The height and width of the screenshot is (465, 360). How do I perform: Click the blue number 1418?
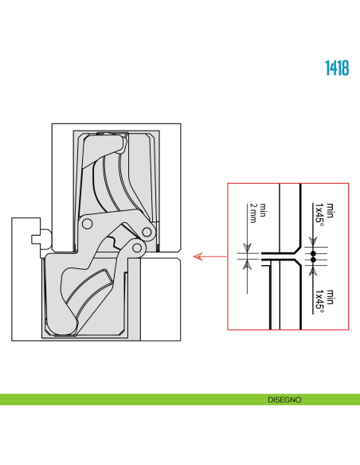tap(337, 68)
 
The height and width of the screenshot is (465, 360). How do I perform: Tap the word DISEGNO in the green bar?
tap(284, 400)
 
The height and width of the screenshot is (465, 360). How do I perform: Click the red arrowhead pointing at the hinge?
tap(198, 256)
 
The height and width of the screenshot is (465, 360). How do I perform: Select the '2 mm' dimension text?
tap(253, 213)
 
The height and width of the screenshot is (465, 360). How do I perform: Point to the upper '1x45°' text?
tap(319, 214)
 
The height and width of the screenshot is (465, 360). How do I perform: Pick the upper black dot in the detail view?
tap(313, 254)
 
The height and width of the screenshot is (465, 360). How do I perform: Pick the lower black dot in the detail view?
tap(313, 260)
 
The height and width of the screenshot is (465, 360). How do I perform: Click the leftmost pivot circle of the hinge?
tap(87, 224)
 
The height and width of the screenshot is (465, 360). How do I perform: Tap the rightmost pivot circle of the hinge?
tap(147, 232)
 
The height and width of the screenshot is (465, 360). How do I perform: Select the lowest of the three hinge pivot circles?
tap(137, 248)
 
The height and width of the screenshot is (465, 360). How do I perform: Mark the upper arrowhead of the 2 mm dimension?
tap(248, 248)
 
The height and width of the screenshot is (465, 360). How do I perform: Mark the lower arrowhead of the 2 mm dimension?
tap(248, 264)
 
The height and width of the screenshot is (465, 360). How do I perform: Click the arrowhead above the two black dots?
tap(313, 242)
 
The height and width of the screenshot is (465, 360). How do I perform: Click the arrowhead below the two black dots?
tap(313, 272)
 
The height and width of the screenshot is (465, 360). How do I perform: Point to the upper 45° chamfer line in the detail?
tap(298, 250)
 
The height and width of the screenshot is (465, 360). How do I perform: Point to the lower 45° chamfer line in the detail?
tap(298, 263)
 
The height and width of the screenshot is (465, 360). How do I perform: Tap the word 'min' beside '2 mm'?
tap(263, 210)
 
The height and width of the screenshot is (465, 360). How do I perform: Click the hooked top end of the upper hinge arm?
tap(124, 144)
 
